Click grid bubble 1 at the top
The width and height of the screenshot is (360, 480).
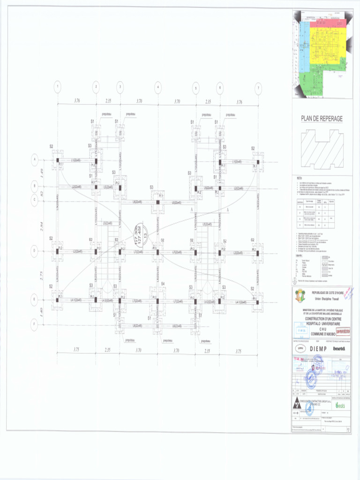[57, 87]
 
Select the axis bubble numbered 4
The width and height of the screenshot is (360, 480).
[157, 87]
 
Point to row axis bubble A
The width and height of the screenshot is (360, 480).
[34, 160]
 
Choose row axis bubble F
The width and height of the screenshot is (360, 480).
[34, 324]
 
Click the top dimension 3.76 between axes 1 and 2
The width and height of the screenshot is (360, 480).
[76, 101]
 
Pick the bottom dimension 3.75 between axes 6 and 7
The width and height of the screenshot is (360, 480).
[238, 350]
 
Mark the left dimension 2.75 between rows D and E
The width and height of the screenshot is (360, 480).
[42, 275]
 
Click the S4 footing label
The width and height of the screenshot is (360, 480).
[163, 284]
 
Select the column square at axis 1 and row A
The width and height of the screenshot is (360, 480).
[58, 160]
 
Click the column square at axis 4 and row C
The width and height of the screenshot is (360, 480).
[158, 202]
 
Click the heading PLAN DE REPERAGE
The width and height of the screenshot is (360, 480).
[322, 119]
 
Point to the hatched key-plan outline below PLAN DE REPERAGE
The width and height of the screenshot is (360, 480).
[322, 149]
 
